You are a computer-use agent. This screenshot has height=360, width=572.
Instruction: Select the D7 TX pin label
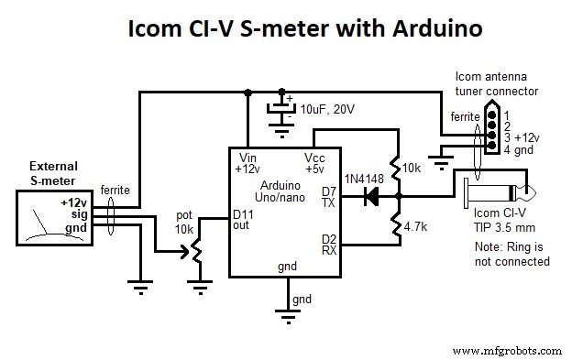click(329, 197)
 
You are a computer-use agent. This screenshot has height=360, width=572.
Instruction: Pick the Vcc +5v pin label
click(314, 163)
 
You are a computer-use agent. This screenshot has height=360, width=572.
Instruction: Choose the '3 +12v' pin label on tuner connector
click(525, 136)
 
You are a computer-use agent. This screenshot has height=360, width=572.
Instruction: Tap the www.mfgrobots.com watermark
click(507, 350)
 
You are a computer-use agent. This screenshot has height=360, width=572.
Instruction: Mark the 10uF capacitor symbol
click(278, 109)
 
